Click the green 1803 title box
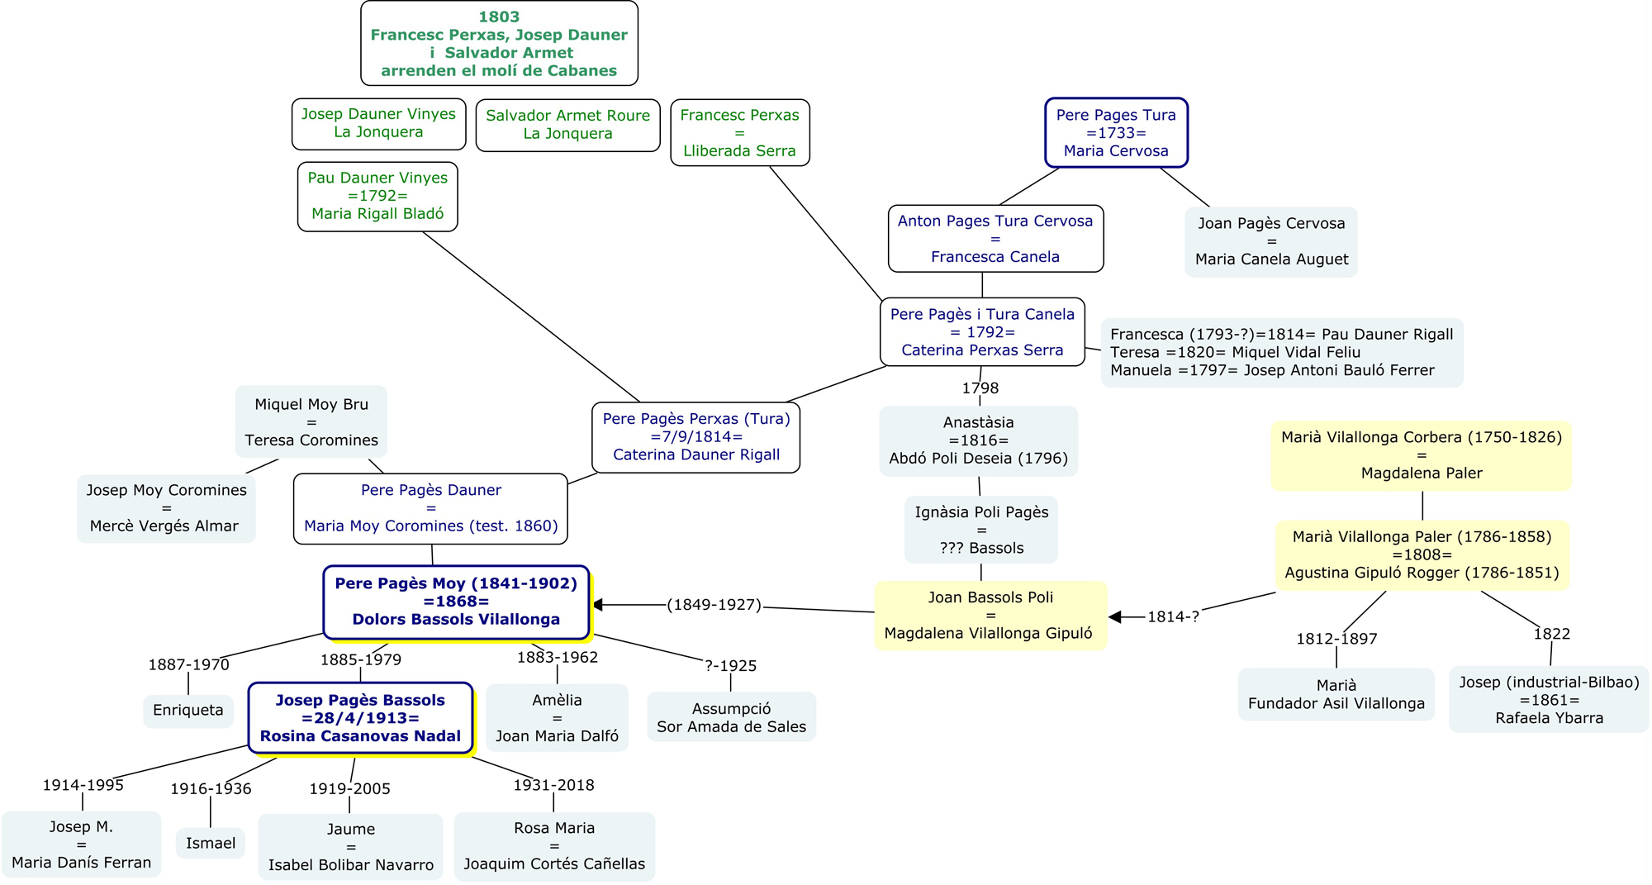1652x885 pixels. pyautogui.click(x=499, y=43)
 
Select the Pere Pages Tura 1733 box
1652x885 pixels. pyautogui.click(x=1116, y=133)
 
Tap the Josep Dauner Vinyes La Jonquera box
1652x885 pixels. pyautogui.click(x=378, y=124)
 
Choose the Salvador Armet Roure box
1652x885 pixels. pyautogui.click(x=567, y=125)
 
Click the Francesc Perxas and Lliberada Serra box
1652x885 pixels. pyautogui.click(x=739, y=133)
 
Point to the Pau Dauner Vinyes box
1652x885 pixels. pyautogui.click(x=377, y=196)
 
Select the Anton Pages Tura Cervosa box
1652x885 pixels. pyautogui.click(x=995, y=239)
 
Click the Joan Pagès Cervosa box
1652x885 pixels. pyautogui.click(x=1271, y=241)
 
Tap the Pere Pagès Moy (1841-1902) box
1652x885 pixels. pyautogui.click(x=456, y=602)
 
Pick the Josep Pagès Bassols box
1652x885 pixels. pyautogui.click(x=360, y=718)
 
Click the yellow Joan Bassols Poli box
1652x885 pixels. pyautogui.click(x=990, y=616)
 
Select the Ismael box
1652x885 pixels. pyautogui.click(x=211, y=844)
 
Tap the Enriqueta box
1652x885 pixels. pyautogui.click(x=188, y=711)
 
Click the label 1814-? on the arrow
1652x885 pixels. pyautogui.click(x=1173, y=617)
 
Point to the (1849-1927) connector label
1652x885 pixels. pyautogui.click(x=714, y=605)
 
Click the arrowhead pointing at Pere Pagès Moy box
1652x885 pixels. pyautogui.click(x=598, y=605)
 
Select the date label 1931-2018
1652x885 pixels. pyautogui.click(x=553, y=785)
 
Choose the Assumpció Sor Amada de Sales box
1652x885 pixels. pyautogui.click(x=731, y=717)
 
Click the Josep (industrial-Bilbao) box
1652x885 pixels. pyautogui.click(x=1549, y=700)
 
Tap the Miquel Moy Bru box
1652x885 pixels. pyautogui.click(x=311, y=422)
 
